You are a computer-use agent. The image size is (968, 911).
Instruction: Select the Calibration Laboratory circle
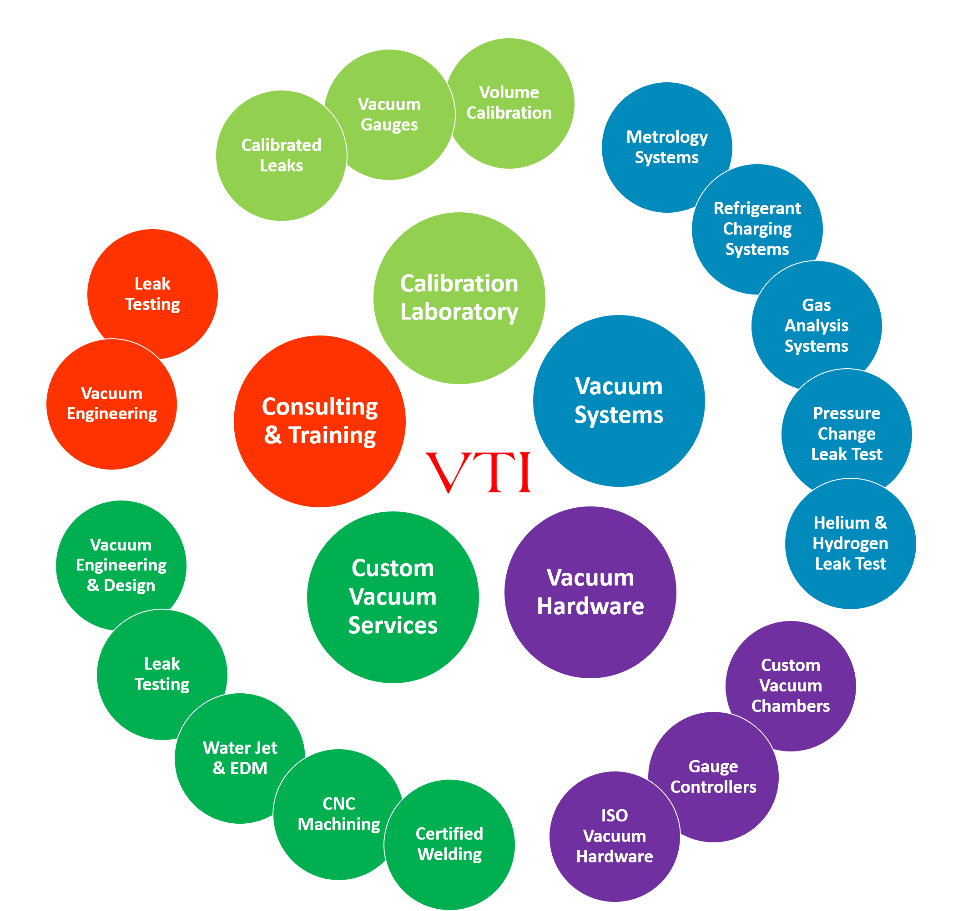pos(459,298)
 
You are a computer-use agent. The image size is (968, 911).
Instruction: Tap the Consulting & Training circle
pos(319,421)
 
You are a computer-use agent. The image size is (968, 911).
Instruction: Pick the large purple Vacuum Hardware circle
pos(590,592)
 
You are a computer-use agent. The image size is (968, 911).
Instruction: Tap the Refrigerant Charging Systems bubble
pos(757,229)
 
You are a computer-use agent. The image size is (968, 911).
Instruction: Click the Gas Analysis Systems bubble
pos(816,325)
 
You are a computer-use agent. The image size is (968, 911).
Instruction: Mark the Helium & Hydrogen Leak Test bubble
pos(850,544)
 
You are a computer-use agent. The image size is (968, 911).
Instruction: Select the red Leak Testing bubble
pos(152,294)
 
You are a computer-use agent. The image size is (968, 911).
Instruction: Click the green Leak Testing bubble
pos(161,674)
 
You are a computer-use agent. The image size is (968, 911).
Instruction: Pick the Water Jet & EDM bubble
pos(240,758)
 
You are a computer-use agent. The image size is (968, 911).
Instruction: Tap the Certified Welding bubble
pos(449,844)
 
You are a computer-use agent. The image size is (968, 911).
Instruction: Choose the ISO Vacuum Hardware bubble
pos(614,836)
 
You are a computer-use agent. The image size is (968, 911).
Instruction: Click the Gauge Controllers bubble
pos(713,777)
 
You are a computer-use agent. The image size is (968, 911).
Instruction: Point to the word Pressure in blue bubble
pos(846,413)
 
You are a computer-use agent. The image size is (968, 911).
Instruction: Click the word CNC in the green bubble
pos(338,803)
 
